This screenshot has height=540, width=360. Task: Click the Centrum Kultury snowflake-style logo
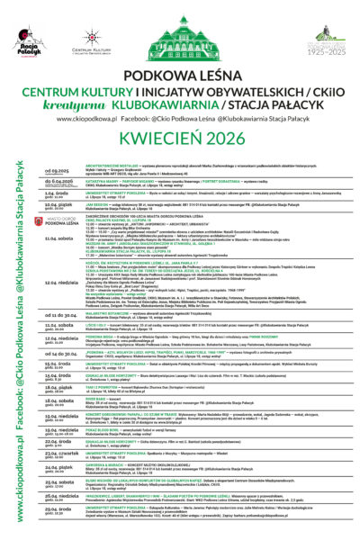(91, 40)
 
